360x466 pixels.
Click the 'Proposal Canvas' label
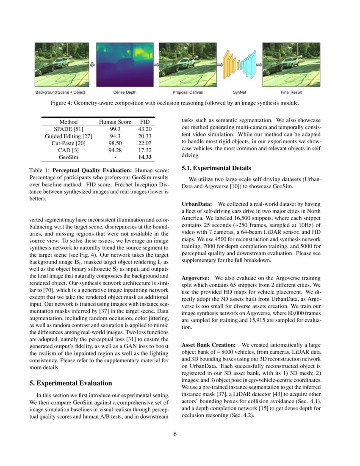point(188,92)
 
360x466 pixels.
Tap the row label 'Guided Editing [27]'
point(69,136)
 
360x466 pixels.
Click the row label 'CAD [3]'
point(69,150)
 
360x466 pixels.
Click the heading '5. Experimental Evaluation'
point(71,383)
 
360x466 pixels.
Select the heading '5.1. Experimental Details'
point(216,168)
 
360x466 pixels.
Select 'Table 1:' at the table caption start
point(39,170)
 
